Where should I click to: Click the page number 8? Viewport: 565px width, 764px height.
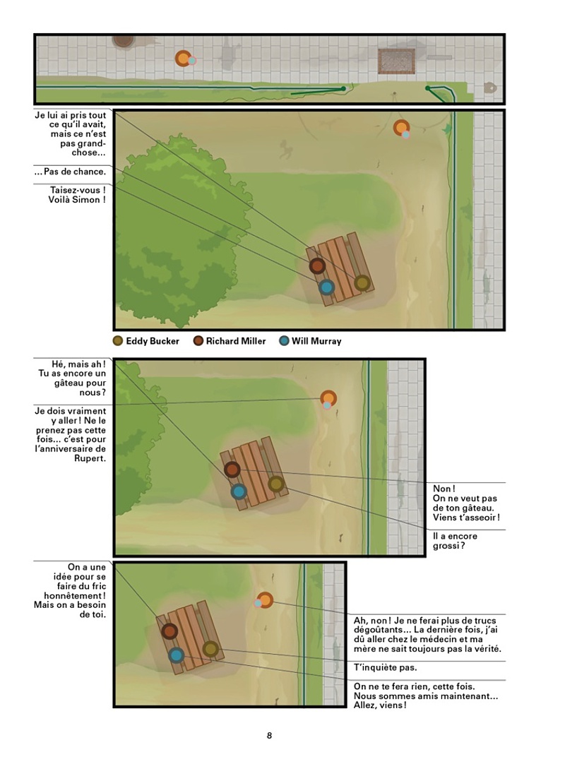point(269,735)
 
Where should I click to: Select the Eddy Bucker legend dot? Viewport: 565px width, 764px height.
point(117,341)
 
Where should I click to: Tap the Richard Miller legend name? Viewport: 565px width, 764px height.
point(236,341)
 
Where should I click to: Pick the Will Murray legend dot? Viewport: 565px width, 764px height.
point(284,341)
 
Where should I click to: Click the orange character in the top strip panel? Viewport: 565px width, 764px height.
point(184,59)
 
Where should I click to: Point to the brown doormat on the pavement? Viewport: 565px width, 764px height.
point(396,61)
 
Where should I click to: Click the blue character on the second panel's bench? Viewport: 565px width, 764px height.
point(326,287)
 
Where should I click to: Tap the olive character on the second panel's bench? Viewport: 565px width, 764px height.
point(362,282)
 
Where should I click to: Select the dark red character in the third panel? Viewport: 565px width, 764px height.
point(232,470)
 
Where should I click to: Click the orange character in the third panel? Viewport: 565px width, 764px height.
point(328,398)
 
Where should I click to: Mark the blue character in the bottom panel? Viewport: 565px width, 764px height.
point(177,655)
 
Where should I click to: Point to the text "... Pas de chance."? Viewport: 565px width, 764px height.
point(70,172)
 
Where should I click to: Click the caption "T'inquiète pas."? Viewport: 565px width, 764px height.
point(385,667)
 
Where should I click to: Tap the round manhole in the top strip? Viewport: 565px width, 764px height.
point(124,40)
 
